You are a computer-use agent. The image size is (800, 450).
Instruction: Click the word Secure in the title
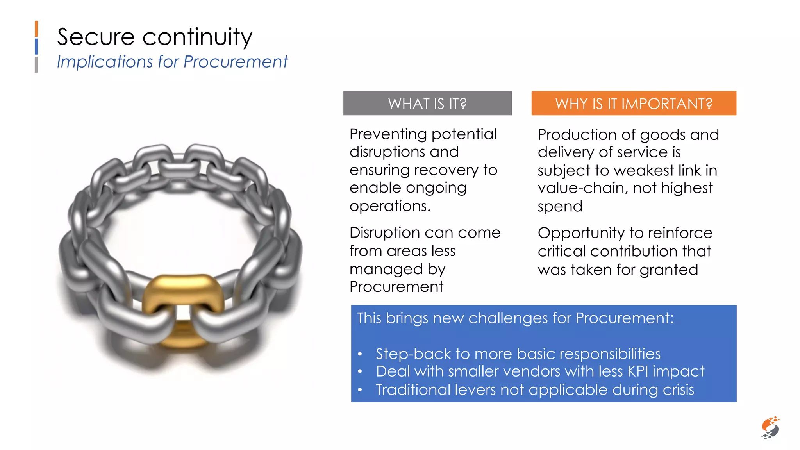point(96,37)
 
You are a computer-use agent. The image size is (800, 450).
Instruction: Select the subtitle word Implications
point(105,62)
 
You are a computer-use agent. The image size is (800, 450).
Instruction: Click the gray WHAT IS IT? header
point(427,104)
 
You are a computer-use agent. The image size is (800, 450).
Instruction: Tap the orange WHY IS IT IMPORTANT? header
point(634,104)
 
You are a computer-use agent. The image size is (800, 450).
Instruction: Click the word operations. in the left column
point(390,206)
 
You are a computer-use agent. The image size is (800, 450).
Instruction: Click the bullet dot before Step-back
point(360,354)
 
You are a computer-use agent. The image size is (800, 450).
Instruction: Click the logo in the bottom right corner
point(770,428)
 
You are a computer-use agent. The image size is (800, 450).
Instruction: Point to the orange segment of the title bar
point(36,29)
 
